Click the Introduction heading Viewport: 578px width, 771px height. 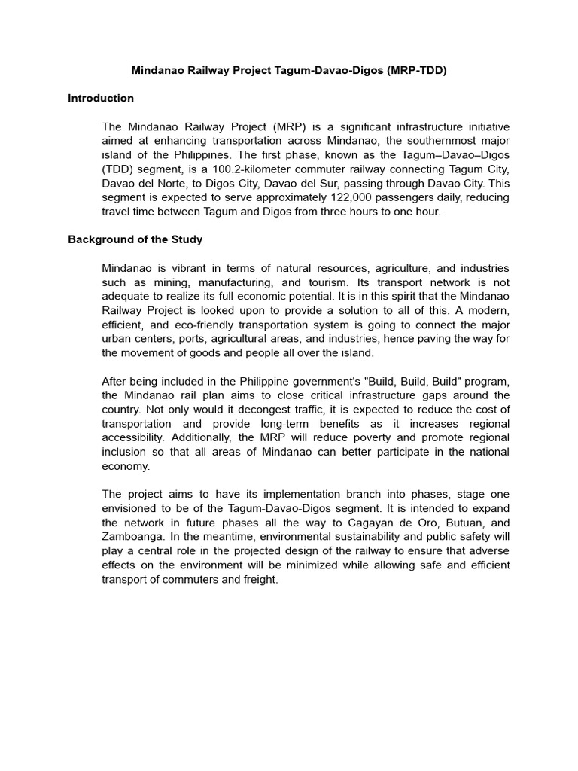[101, 98]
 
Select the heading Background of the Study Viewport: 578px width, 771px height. [135, 239]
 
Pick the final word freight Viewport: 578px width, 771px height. [260, 581]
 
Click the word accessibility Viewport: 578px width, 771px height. [132, 437]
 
